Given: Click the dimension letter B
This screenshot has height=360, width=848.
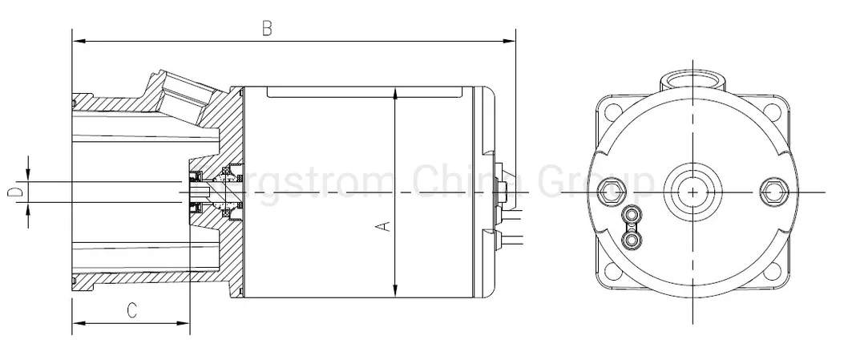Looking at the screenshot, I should tap(268, 28).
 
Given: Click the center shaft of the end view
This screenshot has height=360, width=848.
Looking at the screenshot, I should tap(692, 190).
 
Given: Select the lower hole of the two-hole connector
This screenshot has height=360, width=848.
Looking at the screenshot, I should tap(633, 238).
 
